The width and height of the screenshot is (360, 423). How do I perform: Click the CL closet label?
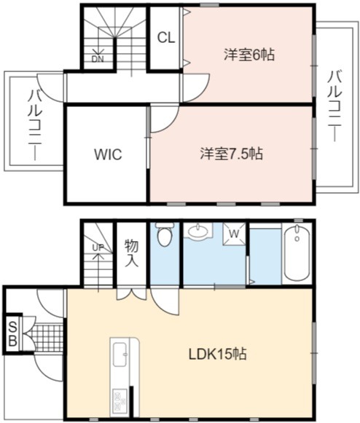tap(166, 38)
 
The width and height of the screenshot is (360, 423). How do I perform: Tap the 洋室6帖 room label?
tap(249, 55)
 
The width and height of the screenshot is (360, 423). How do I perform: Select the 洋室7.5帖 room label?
tap(232, 154)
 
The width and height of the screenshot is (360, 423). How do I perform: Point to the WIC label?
tap(108, 154)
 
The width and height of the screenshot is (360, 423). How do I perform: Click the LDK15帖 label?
tap(217, 354)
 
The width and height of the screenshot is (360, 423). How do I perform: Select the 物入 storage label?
tap(131, 253)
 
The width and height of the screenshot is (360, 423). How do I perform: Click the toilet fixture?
tap(165, 234)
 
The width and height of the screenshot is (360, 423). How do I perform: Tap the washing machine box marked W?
tap(234, 234)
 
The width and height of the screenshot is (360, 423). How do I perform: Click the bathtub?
tap(297, 253)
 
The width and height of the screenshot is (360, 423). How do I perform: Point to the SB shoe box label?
tap(12, 334)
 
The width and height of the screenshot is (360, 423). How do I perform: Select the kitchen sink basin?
tap(120, 355)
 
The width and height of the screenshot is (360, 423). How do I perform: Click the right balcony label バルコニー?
tap(335, 106)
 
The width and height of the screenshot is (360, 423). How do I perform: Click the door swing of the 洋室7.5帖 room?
tap(164, 119)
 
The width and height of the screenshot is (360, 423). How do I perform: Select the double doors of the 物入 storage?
tap(131, 295)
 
